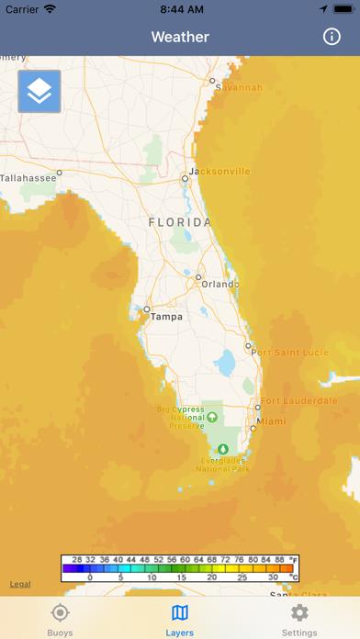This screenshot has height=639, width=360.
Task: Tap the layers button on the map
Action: click(39, 91)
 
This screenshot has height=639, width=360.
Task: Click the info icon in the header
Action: click(332, 37)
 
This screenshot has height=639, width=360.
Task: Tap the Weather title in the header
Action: click(180, 37)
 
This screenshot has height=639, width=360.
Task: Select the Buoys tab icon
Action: click(60, 613)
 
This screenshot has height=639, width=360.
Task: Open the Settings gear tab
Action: click(299, 613)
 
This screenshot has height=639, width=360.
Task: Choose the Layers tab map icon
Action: click(180, 613)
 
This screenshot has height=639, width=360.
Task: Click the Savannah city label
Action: click(241, 88)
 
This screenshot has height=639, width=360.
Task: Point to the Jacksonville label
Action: click(219, 172)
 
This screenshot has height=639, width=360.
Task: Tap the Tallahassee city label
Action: click(28, 178)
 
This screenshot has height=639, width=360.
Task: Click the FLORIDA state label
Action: click(180, 222)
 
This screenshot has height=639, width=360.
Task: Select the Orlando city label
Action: click(220, 284)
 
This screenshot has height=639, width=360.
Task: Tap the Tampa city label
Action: click(166, 317)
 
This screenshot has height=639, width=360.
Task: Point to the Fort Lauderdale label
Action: click(298, 401)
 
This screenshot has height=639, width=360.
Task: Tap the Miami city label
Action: click(272, 421)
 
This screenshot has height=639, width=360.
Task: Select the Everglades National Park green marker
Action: click(220, 450)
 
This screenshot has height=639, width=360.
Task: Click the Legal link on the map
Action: click(20, 584)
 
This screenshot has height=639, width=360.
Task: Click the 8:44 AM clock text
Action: click(180, 9)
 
